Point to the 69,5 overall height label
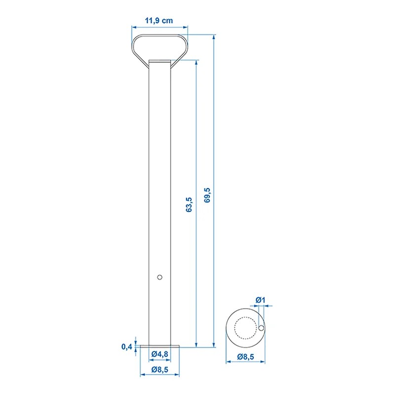click(x=207, y=195)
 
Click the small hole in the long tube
click(x=159, y=277)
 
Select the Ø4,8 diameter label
click(x=159, y=354)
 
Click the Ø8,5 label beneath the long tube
click(x=159, y=368)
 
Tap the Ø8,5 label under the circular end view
click(x=245, y=356)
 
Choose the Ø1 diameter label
click(x=261, y=300)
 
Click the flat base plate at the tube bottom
click(x=159, y=347)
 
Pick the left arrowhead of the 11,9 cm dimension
click(x=133, y=28)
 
